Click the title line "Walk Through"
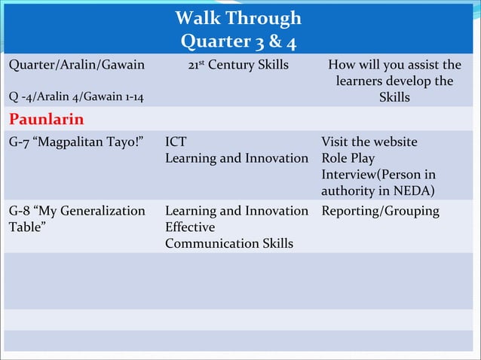pyautogui.click(x=237, y=18)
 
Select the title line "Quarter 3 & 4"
pyautogui.click(x=237, y=40)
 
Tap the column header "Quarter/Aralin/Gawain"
pyautogui.click(x=76, y=66)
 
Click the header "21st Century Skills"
pyautogui.click(x=238, y=66)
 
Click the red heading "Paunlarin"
pyautogui.click(x=46, y=120)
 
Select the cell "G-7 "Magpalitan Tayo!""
pyautogui.click(x=76, y=142)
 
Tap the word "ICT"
pyautogui.click(x=176, y=142)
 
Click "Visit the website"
pyautogui.click(x=369, y=142)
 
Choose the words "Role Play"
pyautogui.click(x=348, y=158)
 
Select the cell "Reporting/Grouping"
pyautogui.click(x=380, y=211)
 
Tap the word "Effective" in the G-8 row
pyautogui.click(x=190, y=227)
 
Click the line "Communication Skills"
pyautogui.click(x=229, y=244)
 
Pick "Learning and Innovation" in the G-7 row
pyautogui.click(x=237, y=158)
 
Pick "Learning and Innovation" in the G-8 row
pyautogui.click(x=237, y=211)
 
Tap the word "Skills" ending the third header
pyautogui.click(x=394, y=98)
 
